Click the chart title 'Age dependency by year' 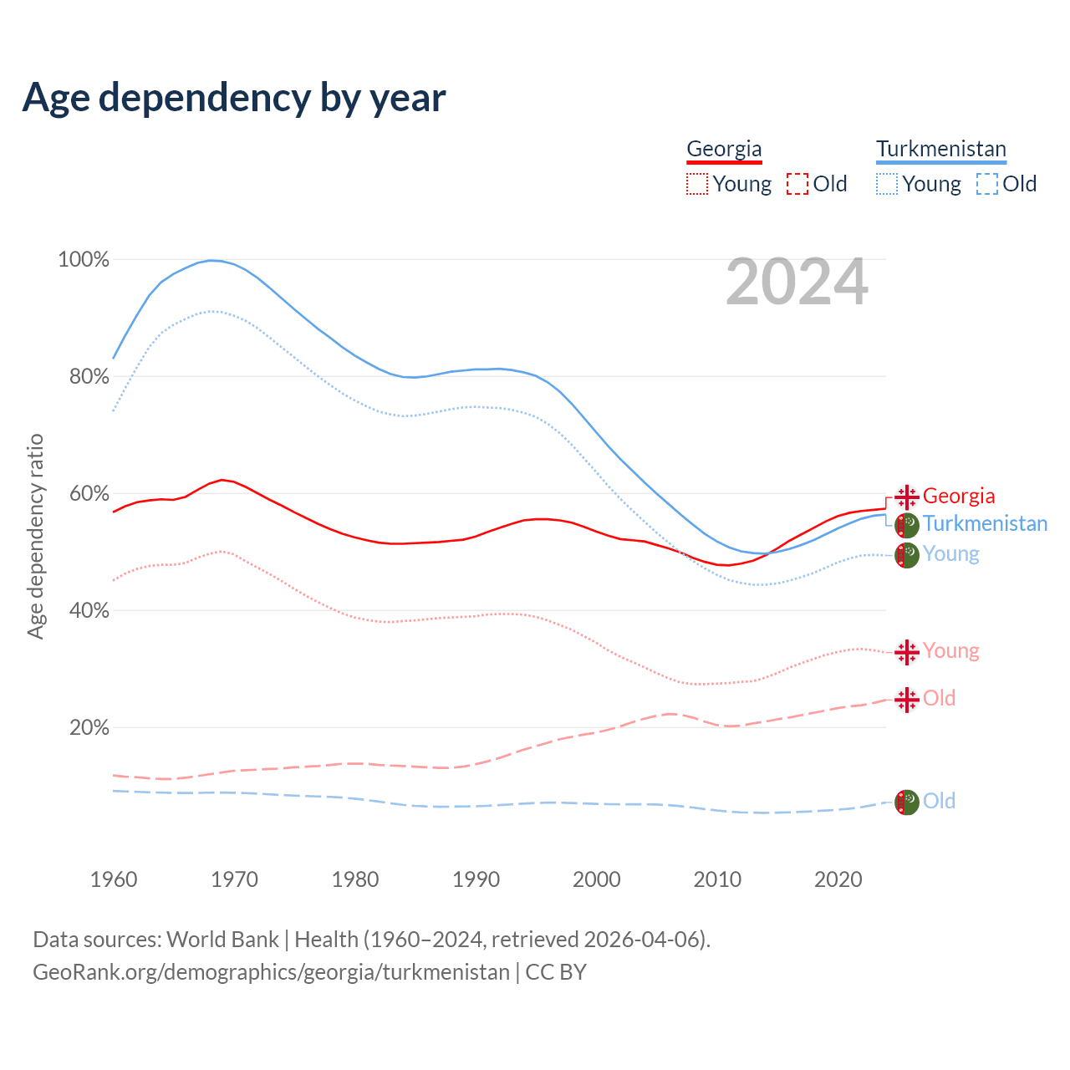click(234, 97)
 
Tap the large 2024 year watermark click(797, 282)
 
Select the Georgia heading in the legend click(724, 149)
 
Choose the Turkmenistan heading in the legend click(941, 149)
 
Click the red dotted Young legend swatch click(696, 184)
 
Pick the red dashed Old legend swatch click(797, 184)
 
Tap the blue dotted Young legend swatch click(887, 184)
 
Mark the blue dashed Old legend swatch click(987, 184)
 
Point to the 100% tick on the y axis click(84, 260)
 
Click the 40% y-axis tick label click(89, 611)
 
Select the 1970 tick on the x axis click(234, 879)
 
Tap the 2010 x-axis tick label click(717, 879)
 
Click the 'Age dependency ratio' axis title click(35, 536)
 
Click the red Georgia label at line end click(959, 496)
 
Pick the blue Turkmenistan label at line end click(985, 523)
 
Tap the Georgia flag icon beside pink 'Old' click(907, 699)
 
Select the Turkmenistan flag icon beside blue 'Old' click(907, 802)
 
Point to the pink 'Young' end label click(950, 650)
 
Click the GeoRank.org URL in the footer click(271, 972)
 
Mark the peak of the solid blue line click(211, 260)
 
